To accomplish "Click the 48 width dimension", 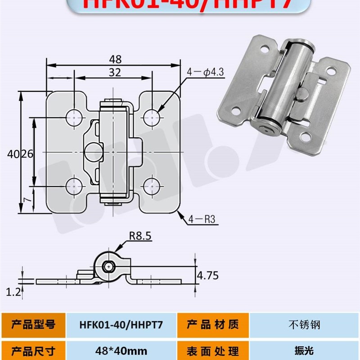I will tap(115, 59).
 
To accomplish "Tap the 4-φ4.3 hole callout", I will tap(204, 71).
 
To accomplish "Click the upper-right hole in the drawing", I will tap(152, 117).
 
